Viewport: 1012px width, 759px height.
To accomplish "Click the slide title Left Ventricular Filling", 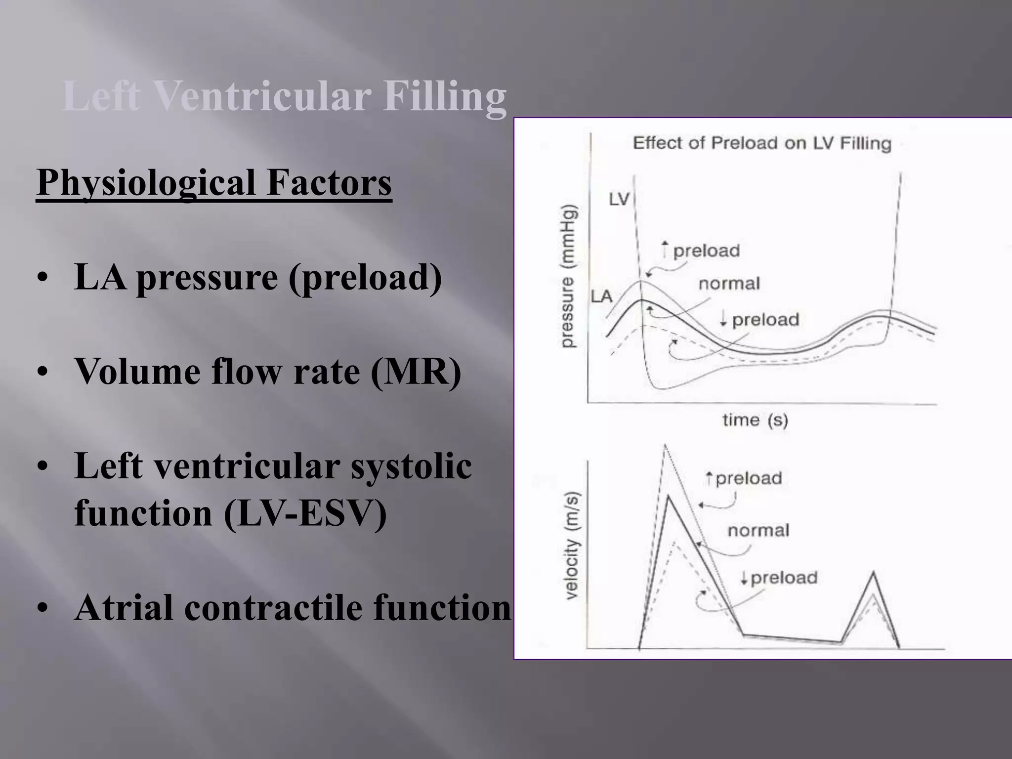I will [x=284, y=96].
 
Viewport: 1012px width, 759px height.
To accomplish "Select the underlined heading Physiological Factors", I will [x=214, y=182].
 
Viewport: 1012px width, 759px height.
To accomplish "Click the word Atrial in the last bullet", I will [x=124, y=607].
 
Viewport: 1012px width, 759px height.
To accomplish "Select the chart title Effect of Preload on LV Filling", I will [x=762, y=143].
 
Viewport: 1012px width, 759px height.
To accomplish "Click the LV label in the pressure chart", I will [x=619, y=200].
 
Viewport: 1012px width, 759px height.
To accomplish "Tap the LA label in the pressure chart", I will [x=601, y=296].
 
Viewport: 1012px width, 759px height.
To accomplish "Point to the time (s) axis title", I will [x=755, y=421].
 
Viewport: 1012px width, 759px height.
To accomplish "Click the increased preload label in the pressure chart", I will [x=701, y=251].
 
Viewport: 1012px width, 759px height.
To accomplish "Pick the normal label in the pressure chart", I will [x=729, y=284].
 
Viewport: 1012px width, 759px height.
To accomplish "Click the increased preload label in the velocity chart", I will [x=744, y=478].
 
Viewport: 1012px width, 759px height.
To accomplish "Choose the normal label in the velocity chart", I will [x=759, y=531].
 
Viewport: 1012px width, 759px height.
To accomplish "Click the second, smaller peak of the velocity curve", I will [x=874, y=573].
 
